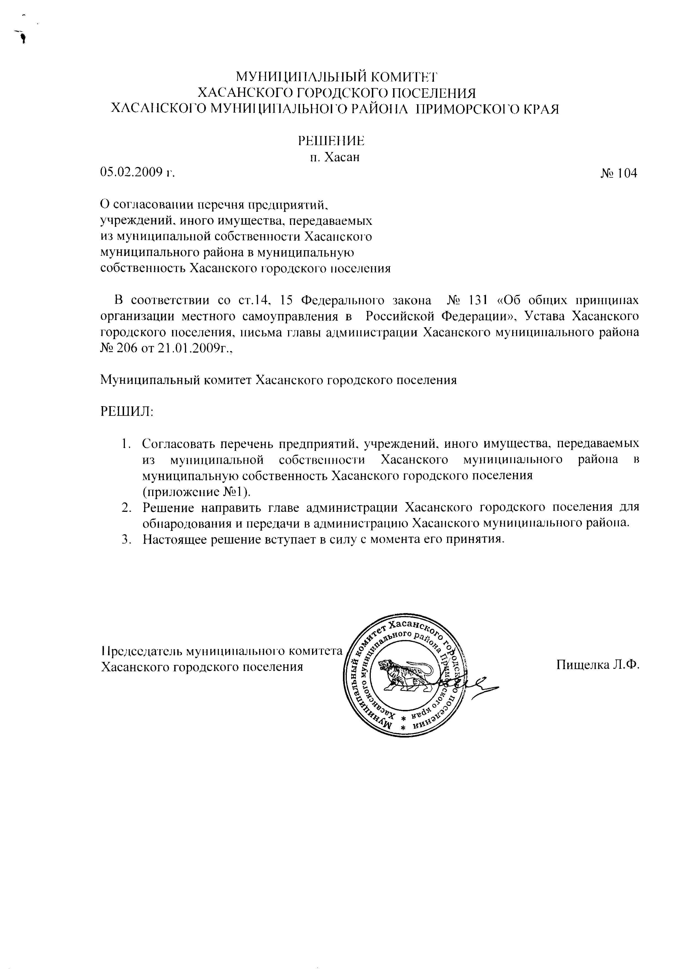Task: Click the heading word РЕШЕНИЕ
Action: point(331,141)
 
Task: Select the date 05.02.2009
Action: point(132,172)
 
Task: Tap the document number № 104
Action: point(619,173)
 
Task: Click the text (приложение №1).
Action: point(196,491)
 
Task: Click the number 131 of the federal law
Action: point(479,301)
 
